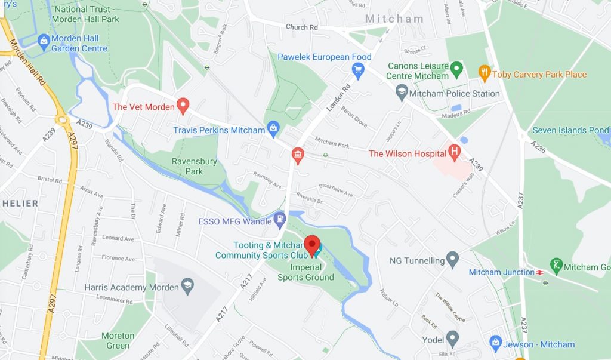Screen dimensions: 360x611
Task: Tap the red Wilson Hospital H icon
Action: (x=455, y=152)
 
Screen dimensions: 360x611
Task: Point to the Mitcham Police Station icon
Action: (x=402, y=93)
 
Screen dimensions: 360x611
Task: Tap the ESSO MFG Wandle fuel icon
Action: (x=279, y=220)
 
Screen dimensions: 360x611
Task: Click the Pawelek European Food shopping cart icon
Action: (x=358, y=72)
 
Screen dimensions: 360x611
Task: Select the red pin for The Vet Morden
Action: (x=183, y=106)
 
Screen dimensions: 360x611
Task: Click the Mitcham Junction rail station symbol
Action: (x=540, y=272)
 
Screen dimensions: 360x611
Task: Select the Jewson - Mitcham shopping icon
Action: (x=495, y=343)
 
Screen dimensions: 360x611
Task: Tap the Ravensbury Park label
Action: (x=187, y=166)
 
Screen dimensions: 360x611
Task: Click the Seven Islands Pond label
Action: (x=570, y=130)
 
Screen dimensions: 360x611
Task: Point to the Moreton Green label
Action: (x=118, y=340)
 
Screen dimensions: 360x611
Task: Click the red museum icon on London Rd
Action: (x=297, y=156)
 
